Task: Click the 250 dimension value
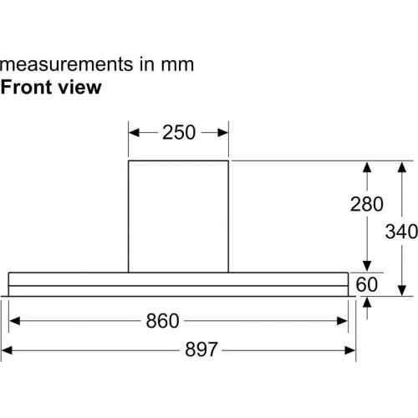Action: click(179, 132)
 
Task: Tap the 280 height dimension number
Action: click(367, 204)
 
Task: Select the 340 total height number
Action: click(401, 232)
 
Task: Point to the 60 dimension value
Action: click(367, 284)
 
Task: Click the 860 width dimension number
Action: click(162, 321)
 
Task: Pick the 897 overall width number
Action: click(201, 349)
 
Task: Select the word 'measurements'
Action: click(67, 64)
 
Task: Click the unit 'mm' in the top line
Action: click(177, 65)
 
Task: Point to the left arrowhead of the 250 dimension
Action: click(134, 133)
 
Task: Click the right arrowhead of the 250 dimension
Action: click(223, 133)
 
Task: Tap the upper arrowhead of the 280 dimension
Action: click(367, 167)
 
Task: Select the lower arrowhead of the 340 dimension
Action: click(401, 290)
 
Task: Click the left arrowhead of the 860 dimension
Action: click(14, 321)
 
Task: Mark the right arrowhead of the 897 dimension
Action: click(350, 350)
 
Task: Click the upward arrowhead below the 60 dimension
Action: click(367, 303)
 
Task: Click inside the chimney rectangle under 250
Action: click(178, 217)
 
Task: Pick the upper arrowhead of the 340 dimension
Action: click(401, 167)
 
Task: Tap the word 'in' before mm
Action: click(147, 64)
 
